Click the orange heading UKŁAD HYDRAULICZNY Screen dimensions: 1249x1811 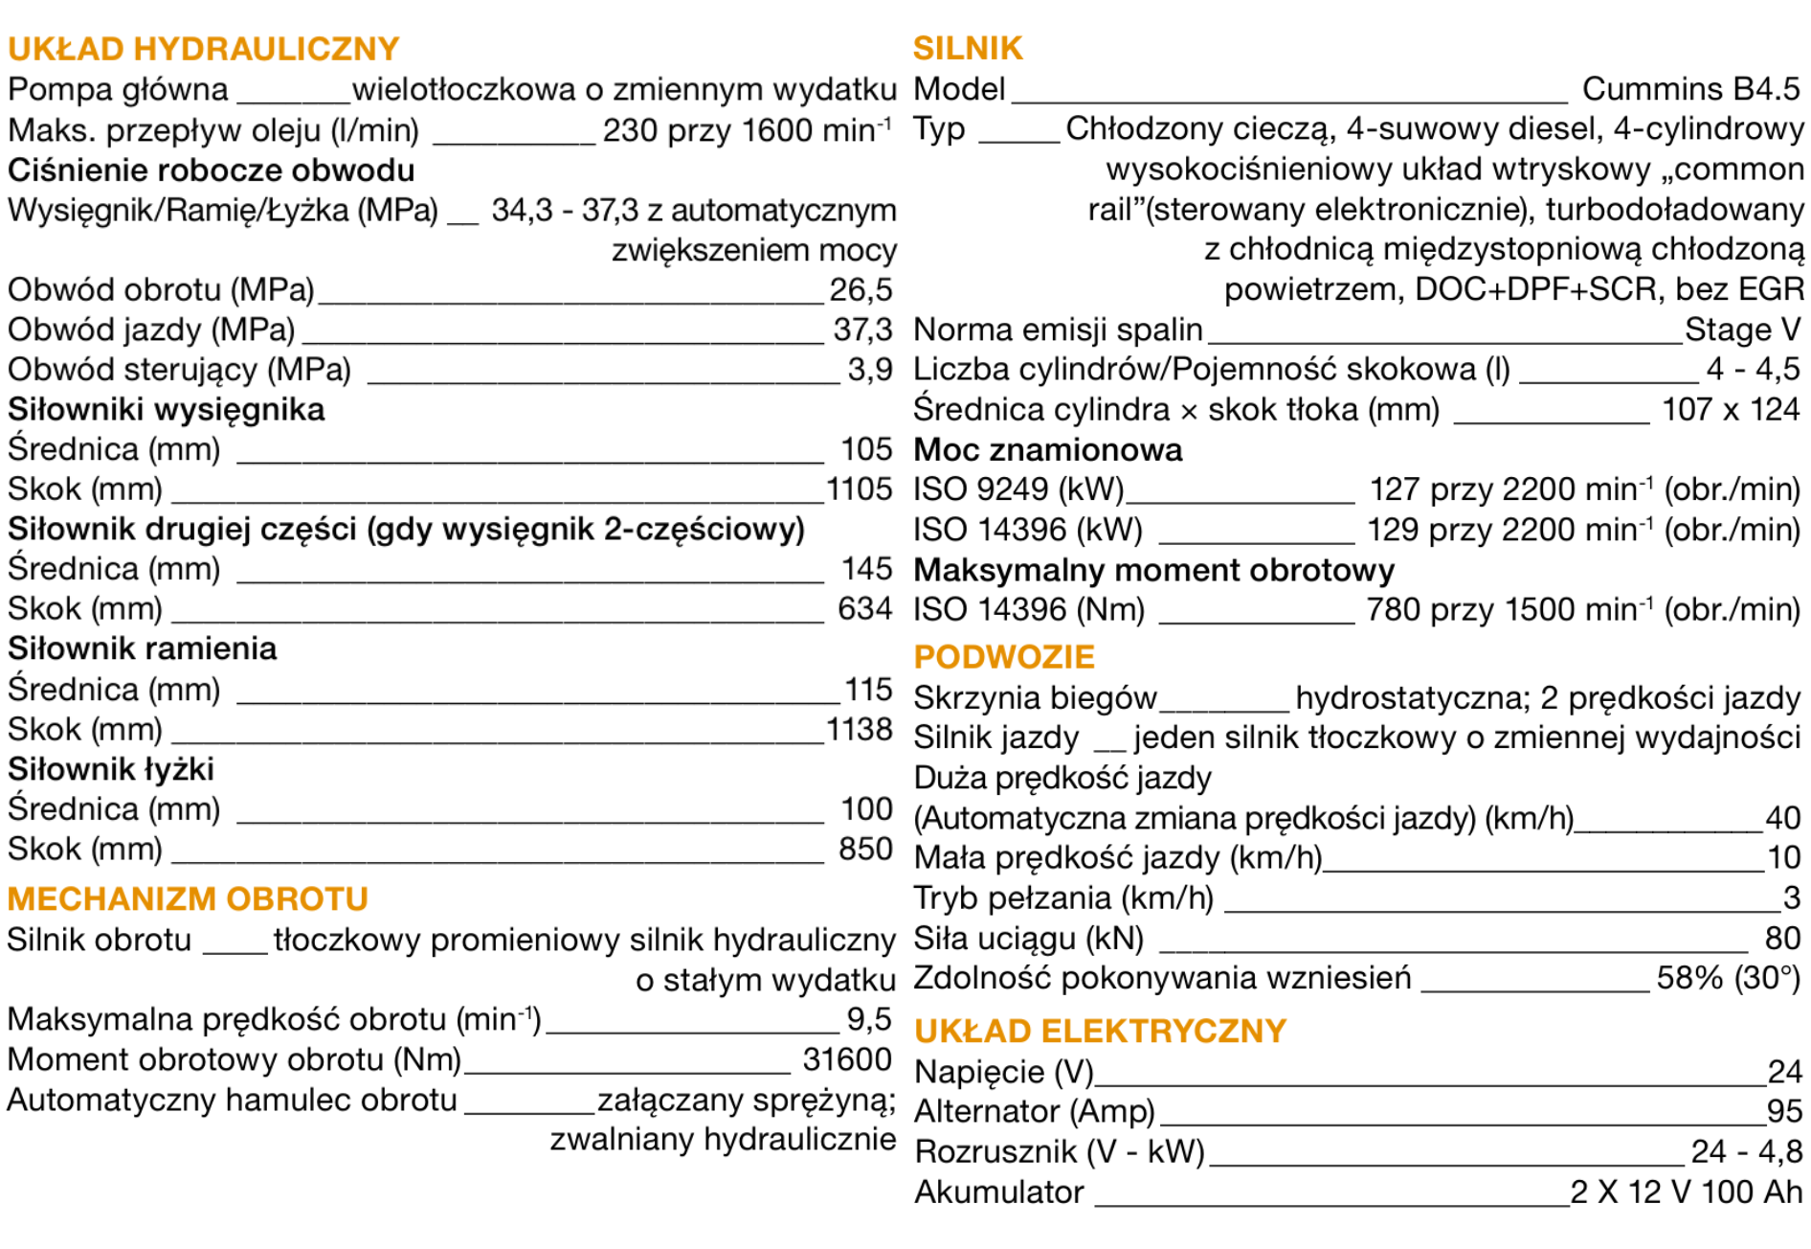click(203, 49)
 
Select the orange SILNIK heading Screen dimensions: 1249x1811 click(968, 48)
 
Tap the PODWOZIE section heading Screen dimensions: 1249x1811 click(1004, 657)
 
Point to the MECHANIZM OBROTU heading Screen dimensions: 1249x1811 click(188, 899)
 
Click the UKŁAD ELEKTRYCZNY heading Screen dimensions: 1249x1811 click(1100, 1032)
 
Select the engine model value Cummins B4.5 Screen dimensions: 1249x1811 click(1690, 89)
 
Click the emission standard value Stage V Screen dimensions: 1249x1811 click(1742, 329)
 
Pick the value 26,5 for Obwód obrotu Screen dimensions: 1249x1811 click(861, 289)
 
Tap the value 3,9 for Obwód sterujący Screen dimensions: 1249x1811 click(869, 370)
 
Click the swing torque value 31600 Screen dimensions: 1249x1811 click(847, 1059)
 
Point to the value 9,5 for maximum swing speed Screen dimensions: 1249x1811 click(869, 1019)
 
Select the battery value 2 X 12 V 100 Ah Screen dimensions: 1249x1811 click(1686, 1192)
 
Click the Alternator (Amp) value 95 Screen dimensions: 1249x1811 click(1784, 1111)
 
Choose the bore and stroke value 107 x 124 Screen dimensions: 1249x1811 click(1731, 410)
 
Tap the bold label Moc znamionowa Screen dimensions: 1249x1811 click(1048, 450)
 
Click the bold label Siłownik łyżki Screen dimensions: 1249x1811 click(111, 769)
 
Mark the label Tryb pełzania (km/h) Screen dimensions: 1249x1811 click(1063, 898)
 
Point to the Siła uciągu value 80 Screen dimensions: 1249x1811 click(1782, 939)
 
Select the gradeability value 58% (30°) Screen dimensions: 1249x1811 click(1729, 979)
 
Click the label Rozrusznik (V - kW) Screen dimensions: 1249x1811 click(1060, 1151)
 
